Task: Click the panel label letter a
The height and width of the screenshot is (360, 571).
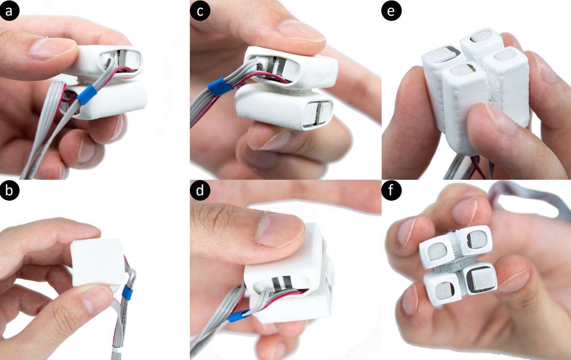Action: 9,11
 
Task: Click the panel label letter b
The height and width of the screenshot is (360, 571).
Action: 9,190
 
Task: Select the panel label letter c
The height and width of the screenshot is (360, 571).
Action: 200,11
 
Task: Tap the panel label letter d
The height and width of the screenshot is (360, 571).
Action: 200,190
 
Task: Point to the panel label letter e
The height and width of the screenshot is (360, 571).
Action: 391,11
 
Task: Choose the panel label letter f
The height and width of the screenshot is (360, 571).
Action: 391,190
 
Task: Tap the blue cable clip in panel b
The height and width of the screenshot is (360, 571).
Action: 128,293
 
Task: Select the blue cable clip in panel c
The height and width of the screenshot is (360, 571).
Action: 220,87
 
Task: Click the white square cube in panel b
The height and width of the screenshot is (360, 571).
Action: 97,263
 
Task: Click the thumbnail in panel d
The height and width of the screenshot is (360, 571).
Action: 280,230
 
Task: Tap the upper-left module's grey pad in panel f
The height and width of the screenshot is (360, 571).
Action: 436,251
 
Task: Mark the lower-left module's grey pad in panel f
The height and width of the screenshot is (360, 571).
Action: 443,291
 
